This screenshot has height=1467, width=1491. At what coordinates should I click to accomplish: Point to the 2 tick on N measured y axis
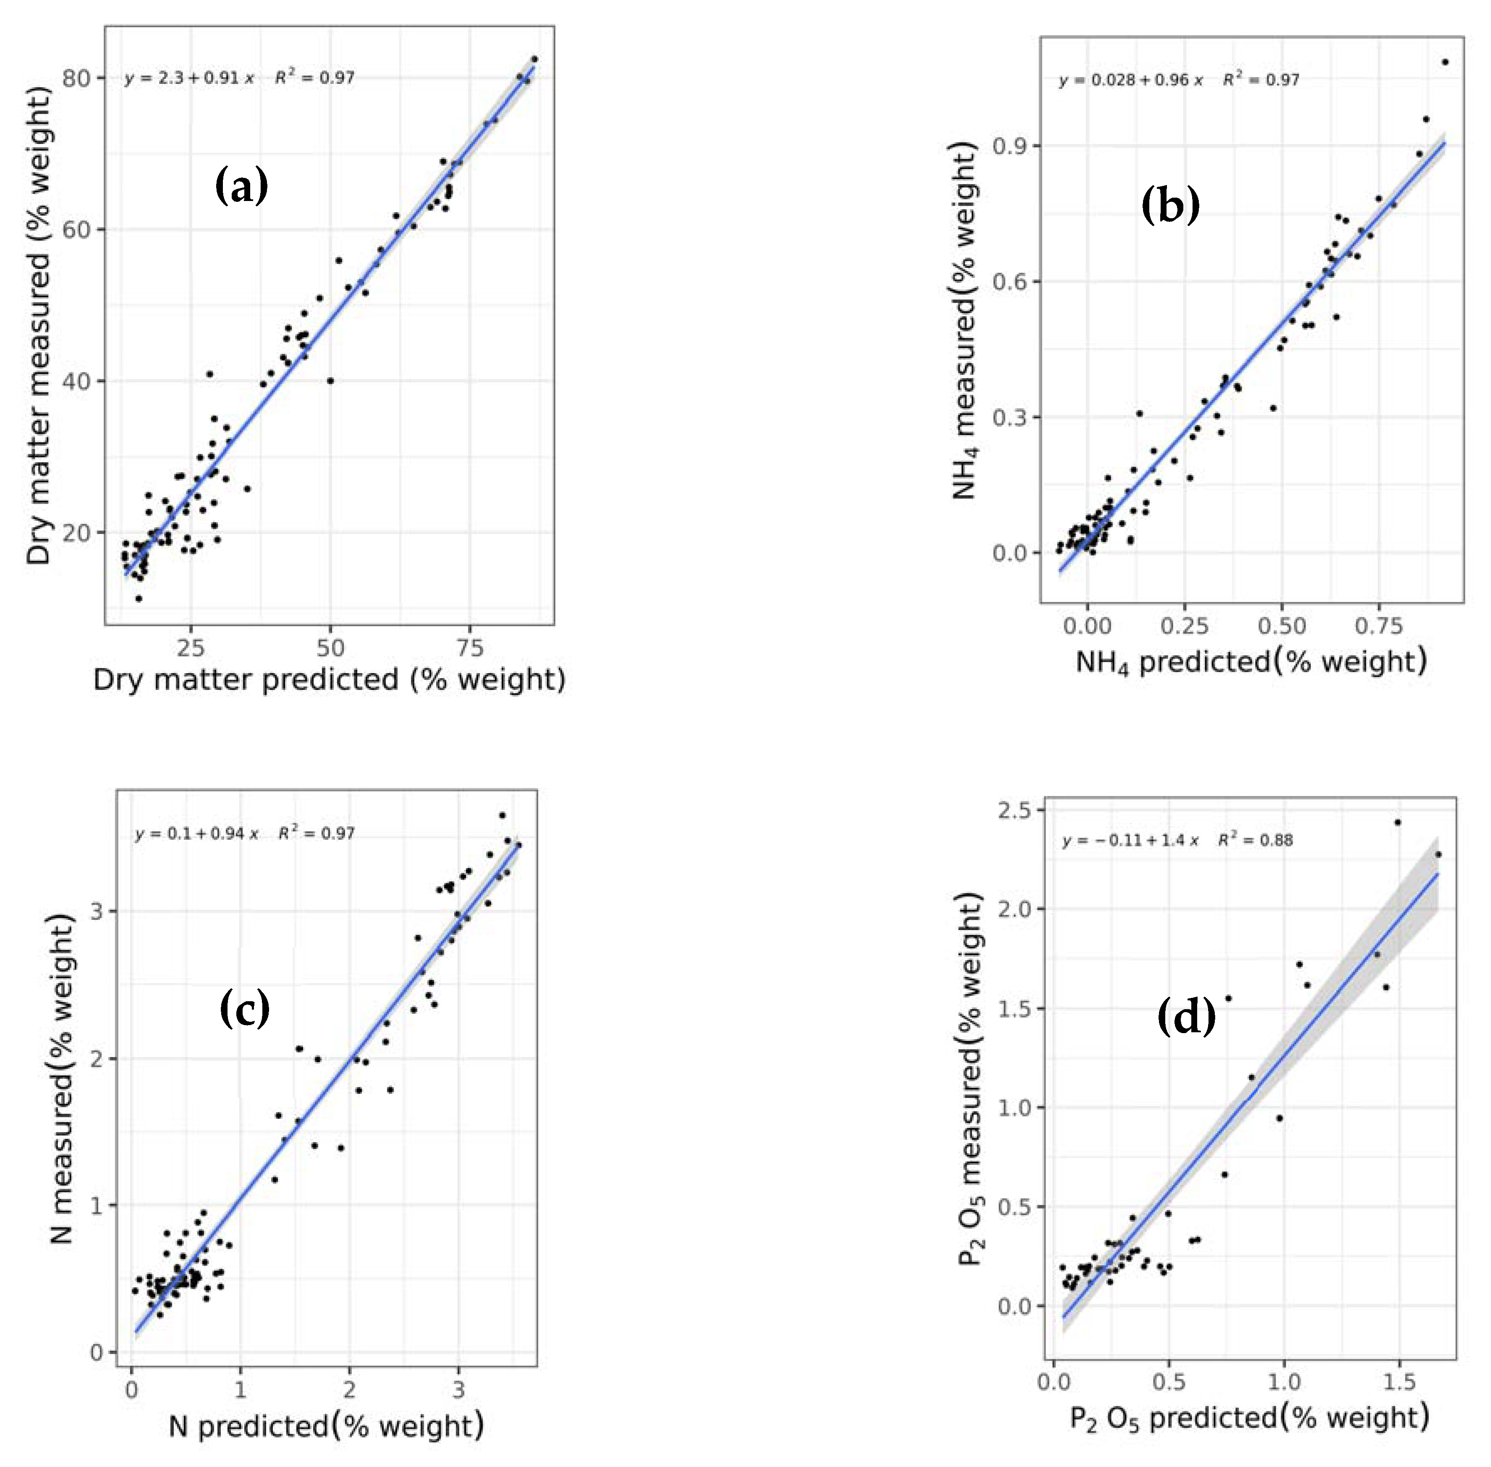[96, 1059]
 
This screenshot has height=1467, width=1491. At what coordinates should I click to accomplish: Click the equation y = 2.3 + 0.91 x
[189, 78]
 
